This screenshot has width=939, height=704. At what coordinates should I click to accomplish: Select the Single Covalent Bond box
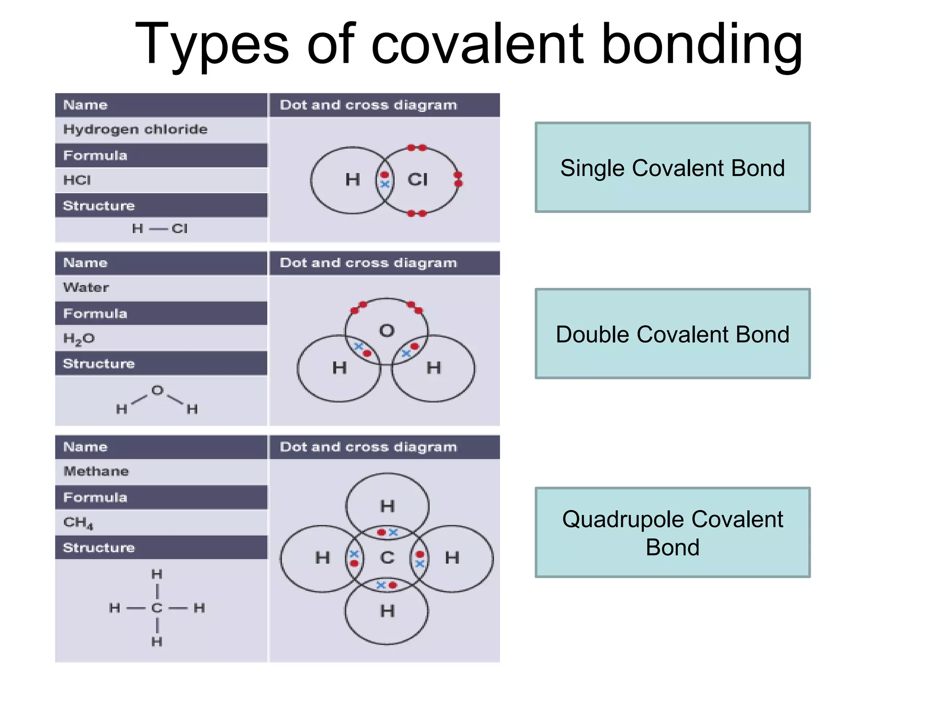coord(672,167)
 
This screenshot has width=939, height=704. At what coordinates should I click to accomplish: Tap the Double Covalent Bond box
coord(672,334)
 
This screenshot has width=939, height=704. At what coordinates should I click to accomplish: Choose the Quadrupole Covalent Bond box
coord(672,533)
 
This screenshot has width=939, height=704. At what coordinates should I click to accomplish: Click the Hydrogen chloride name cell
coord(160,130)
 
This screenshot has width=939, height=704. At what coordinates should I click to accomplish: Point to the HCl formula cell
coord(160,180)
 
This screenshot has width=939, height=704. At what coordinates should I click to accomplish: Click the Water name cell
coord(160,288)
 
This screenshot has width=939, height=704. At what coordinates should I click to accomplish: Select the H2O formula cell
coord(160,338)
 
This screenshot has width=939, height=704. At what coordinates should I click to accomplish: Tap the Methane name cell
coord(160,472)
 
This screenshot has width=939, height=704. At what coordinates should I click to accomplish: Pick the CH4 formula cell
coord(160,522)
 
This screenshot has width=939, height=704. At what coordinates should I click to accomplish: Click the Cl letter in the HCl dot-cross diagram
coord(417,180)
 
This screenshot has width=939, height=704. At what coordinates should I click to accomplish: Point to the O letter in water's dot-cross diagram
coord(387,330)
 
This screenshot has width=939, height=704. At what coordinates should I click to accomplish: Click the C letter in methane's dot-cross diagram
coord(387,558)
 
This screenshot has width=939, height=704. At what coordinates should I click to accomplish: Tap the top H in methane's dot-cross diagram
coord(387,506)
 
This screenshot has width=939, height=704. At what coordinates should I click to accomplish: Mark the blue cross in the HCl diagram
coord(385,184)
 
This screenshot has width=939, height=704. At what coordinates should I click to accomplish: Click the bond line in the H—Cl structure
coord(158,229)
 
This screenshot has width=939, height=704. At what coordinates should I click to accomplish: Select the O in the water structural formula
coord(157,390)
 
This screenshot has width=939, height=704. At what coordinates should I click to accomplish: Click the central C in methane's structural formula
coord(157,608)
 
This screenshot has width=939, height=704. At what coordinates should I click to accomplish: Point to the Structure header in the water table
coord(160,363)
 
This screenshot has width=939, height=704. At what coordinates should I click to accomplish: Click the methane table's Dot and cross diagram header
coord(384,447)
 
